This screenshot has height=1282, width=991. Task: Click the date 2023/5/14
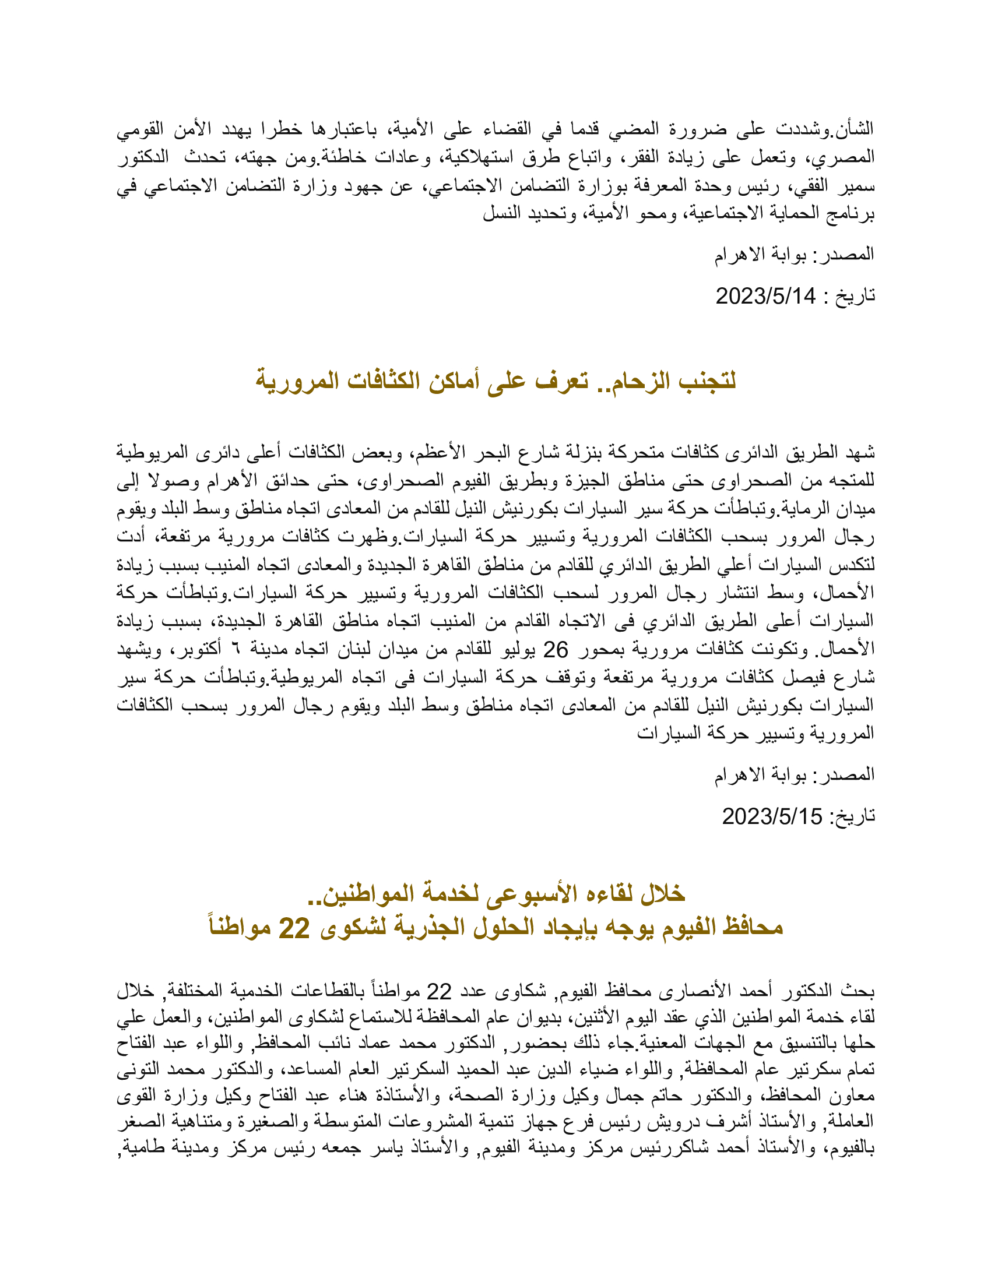coord(765,297)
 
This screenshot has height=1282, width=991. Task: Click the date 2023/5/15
coord(771,816)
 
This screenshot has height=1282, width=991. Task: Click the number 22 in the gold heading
coord(294,928)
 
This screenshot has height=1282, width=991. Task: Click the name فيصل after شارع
coord(810,678)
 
